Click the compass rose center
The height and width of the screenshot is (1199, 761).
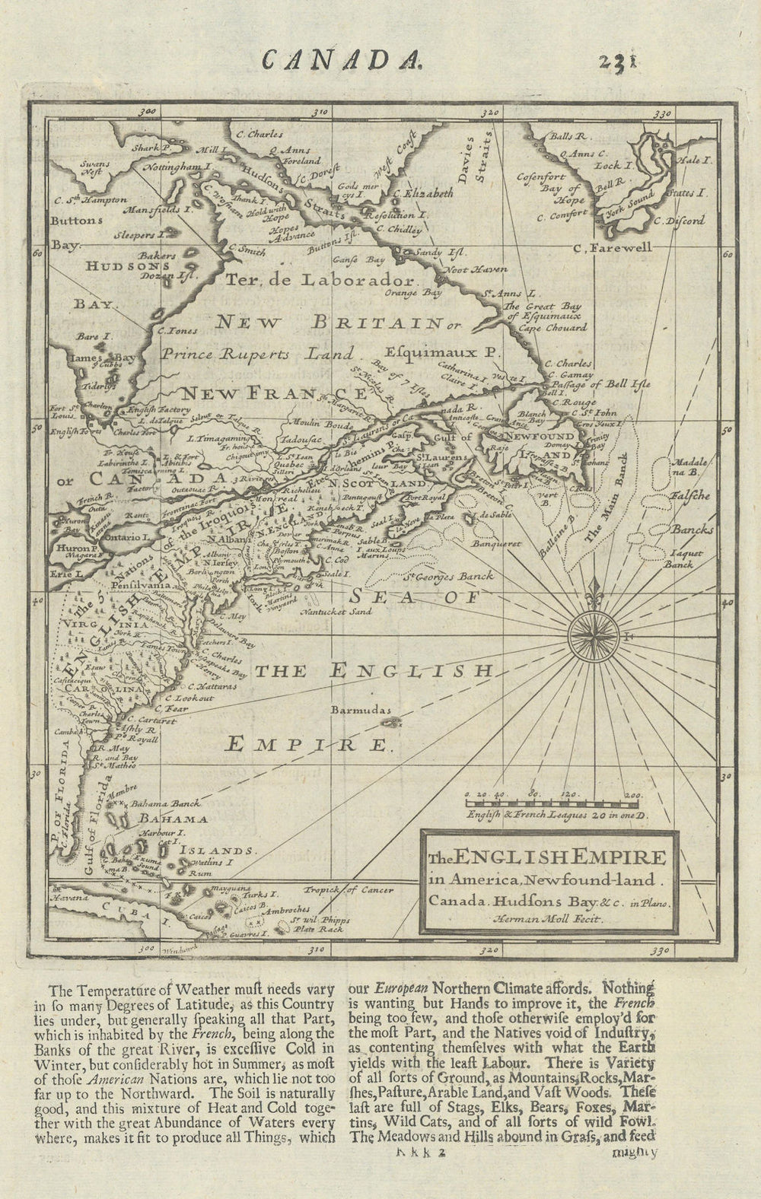coord(595,631)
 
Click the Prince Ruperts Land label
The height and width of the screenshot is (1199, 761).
coord(258,353)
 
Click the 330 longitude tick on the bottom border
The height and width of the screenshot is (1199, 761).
coord(659,950)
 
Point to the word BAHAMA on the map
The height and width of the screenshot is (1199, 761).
coord(173,819)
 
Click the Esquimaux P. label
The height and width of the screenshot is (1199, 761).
coord(441,353)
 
